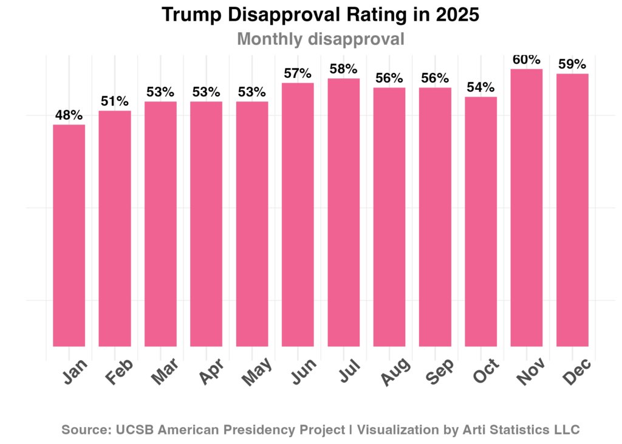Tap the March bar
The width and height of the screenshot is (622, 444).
[160, 224]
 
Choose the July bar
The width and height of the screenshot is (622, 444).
[344, 212]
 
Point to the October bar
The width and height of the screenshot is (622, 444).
[481, 222]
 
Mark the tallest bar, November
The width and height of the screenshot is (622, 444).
[527, 208]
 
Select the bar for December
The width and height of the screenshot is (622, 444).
[572, 210]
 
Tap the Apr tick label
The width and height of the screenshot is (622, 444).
[211, 372]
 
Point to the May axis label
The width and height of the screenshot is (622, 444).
[256, 372]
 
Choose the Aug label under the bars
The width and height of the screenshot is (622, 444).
[394, 372]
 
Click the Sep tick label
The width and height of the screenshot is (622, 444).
[440, 372]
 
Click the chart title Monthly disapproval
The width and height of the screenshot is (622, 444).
[320, 39]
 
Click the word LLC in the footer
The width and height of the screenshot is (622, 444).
[566, 430]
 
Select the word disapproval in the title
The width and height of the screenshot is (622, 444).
[355, 39]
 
